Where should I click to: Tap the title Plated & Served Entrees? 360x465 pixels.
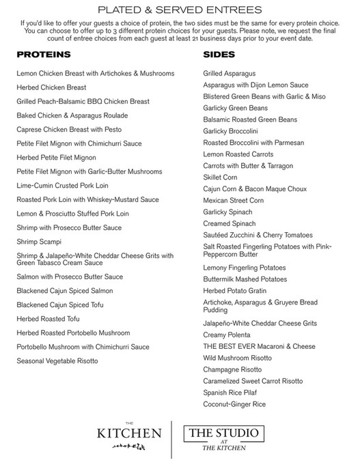tap(180, 10)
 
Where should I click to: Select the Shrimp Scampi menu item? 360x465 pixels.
tap(39, 242)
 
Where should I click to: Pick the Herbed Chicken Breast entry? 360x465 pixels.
tap(51, 87)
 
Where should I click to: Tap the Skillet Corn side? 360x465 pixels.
tap(220, 178)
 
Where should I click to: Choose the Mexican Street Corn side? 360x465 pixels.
tap(234, 201)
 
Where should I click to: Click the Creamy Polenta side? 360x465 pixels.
tap(227, 335)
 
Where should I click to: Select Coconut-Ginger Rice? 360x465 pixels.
tap(234, 405)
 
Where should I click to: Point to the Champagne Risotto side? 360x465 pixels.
tap(232, 369)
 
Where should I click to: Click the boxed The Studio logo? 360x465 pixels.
tap(223, 438)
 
